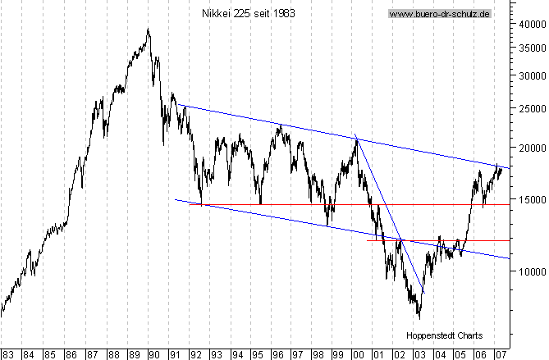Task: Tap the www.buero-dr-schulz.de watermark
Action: click(x=439, y=14)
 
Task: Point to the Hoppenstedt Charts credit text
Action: click(x=444, y=335)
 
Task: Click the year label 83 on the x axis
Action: click(x=7, y=355)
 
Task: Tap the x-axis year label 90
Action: click(x=153, y=355)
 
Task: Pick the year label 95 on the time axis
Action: click(x=258, y=355)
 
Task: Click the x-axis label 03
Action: click(x=419, y=355)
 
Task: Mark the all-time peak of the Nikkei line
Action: click(x=149, y=30)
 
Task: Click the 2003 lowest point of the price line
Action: click(x=419, y=317)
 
